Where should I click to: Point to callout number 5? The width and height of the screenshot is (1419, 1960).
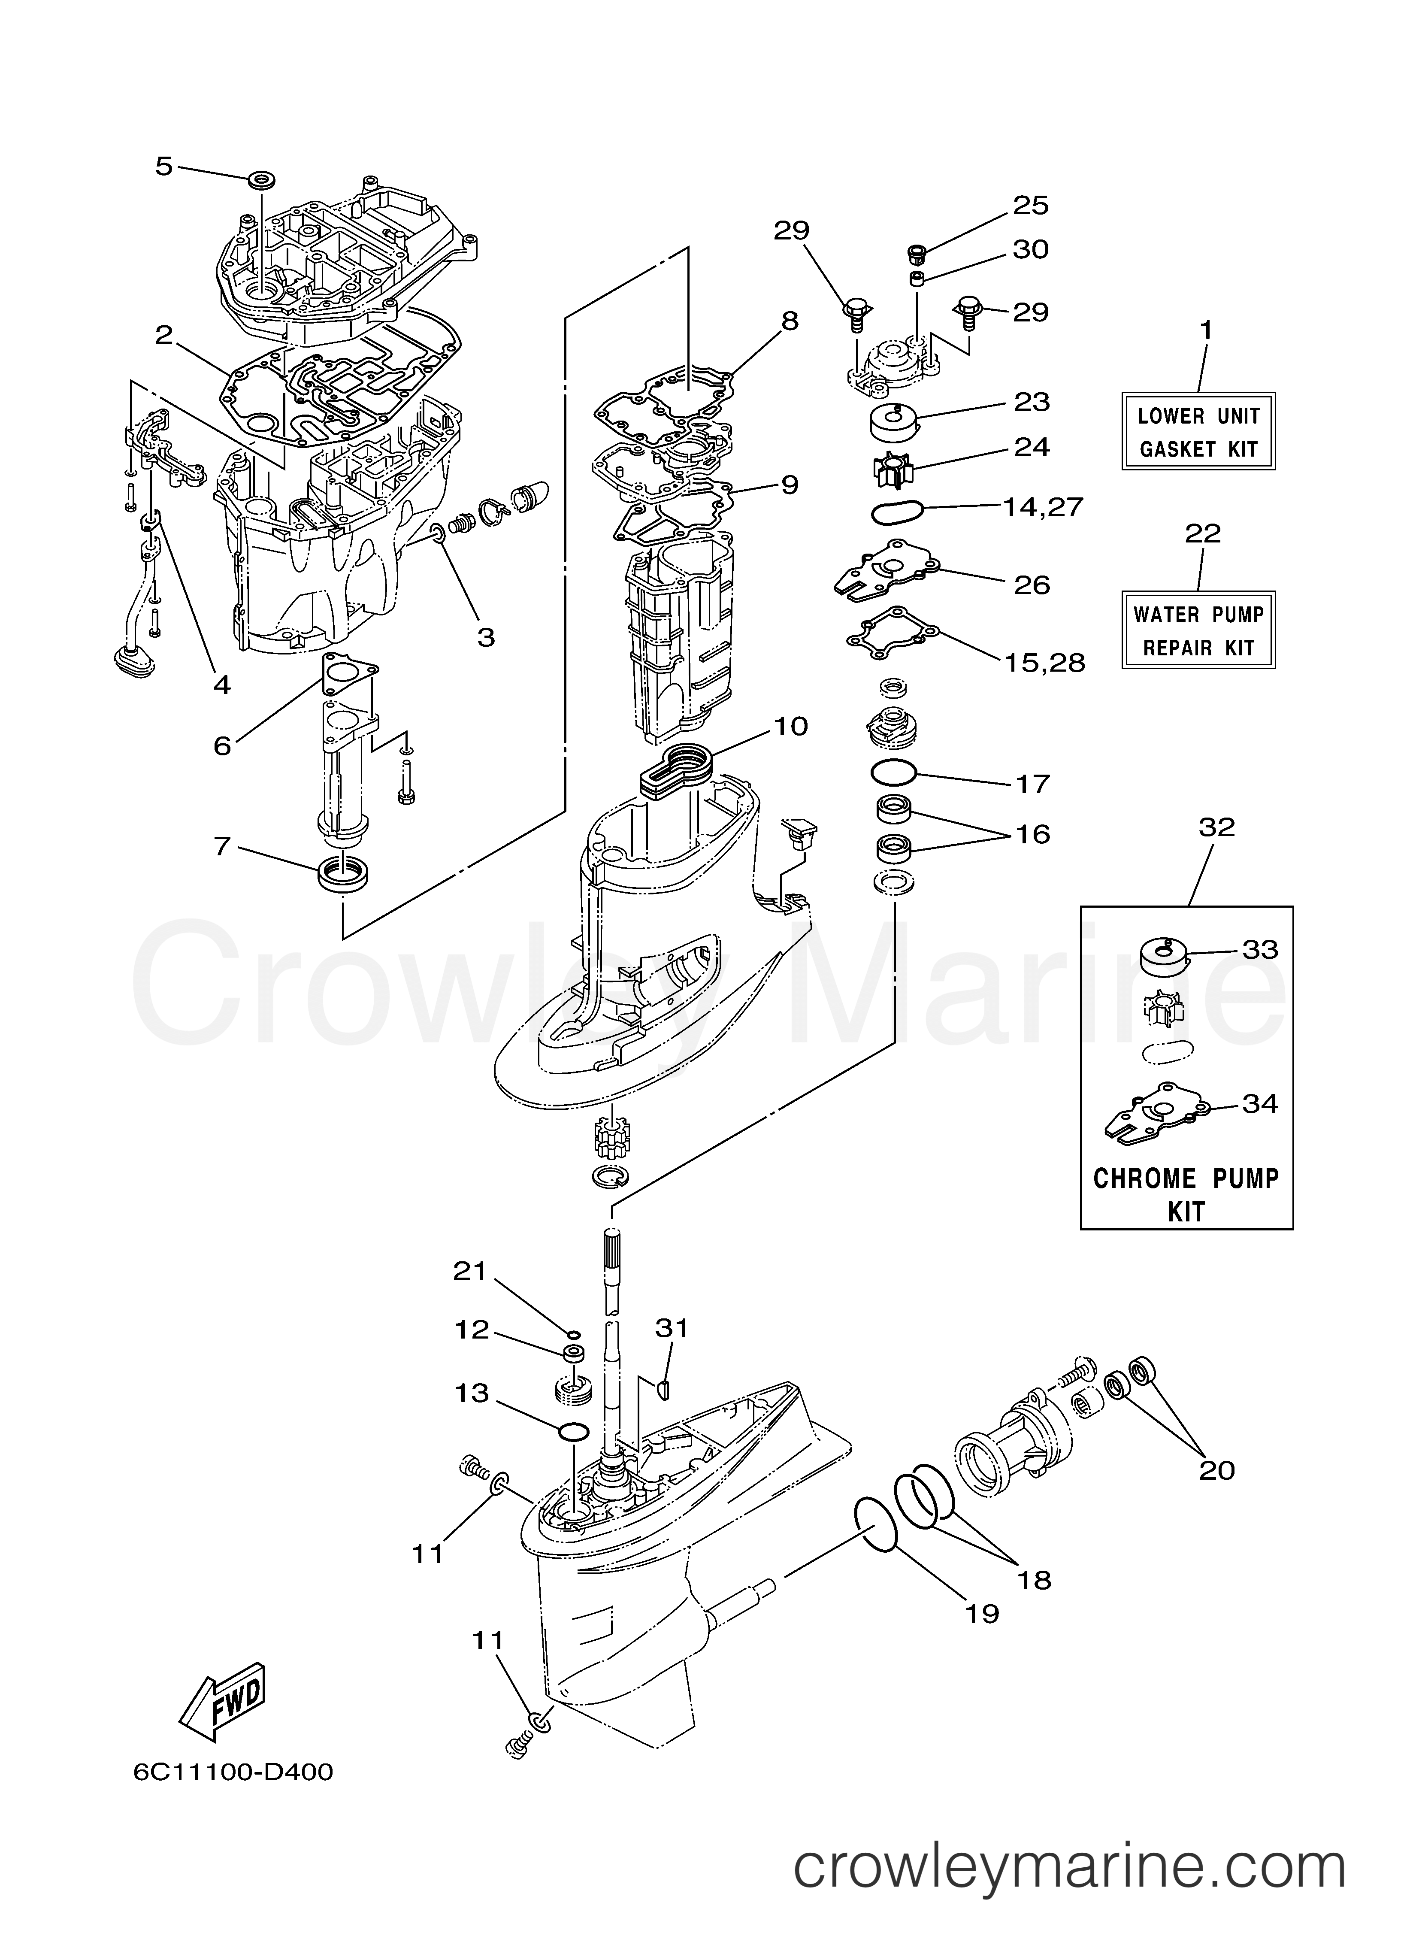(x=164, y=166)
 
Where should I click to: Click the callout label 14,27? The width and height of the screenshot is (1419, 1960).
(x=1042, y=506)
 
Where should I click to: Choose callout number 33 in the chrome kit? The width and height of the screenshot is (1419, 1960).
(x=1260, y=950)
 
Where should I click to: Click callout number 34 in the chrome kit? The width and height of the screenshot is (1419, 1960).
(x=1260, y=1103)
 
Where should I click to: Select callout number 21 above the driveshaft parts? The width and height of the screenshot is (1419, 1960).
(x=471, y=1271)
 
